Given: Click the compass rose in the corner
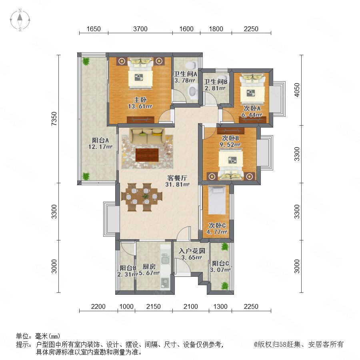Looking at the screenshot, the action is click(20, 20).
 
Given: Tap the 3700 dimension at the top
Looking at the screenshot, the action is click(140, 29).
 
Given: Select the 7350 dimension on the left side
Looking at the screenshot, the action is click(54, 118).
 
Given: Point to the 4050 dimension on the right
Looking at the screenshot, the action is click(297, 90).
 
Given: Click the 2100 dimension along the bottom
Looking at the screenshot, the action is click(190, 306).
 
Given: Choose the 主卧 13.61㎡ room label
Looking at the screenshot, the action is click(140, 103).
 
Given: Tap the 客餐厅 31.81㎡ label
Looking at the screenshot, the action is click(177, 181).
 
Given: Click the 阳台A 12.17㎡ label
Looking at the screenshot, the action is click(100, 143).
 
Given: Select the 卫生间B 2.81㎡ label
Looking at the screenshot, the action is click(215, 85).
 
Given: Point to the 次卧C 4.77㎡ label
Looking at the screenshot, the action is click(217, 228).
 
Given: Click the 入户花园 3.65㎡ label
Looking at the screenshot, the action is click(192, 254).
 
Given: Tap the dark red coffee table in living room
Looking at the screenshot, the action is click(147, 155).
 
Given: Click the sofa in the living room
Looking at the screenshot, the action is click(147, 136).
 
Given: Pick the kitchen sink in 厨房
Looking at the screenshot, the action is click(165, 258).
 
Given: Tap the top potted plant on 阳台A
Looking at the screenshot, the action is click(86, 61).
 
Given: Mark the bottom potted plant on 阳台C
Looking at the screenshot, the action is click(225, 286).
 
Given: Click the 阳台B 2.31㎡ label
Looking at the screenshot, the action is click(128, 271).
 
